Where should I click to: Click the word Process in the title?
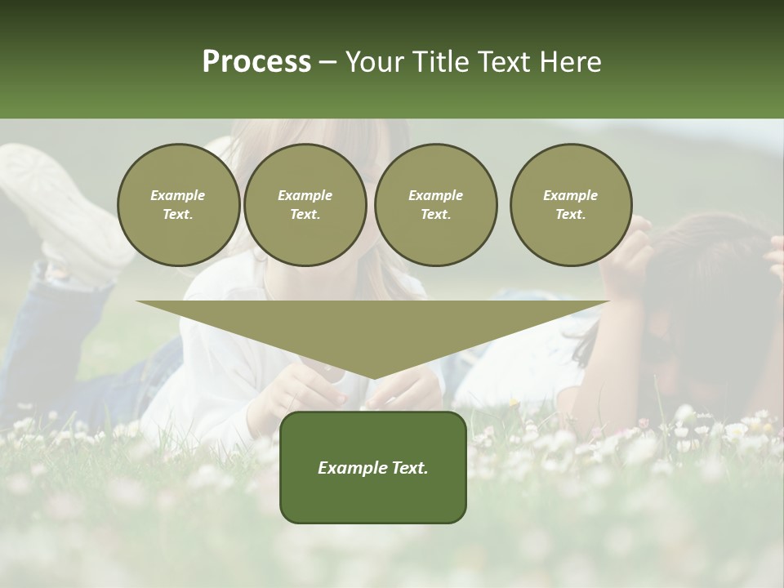[x=256, y=62]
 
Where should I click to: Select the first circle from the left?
[x=178, y=205]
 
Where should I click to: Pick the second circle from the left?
[x=305, y=205]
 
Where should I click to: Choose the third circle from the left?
[x=435, y=205]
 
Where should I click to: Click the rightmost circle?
[x=571, y=205]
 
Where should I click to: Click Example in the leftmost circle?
[x=178, y=195]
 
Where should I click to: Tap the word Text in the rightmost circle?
[x=571, y=215]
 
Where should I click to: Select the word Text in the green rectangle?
[x=408, y=468]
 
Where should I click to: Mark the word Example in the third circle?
[x=435, y=195]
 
